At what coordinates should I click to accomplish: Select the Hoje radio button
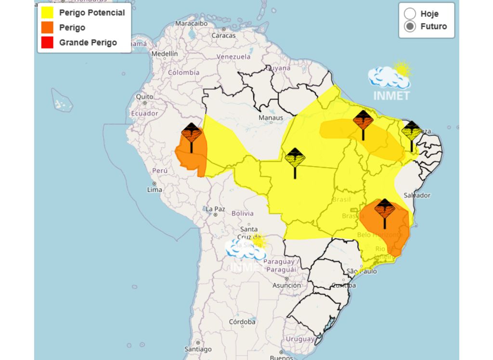tap(410, 13)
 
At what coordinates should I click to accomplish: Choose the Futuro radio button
tap(410, 26)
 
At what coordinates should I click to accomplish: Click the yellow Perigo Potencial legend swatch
tap(47, 13)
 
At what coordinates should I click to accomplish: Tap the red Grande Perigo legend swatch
tap(47, 42)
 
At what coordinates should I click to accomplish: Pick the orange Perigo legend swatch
tap(47, 27)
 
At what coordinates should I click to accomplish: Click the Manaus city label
tap(271, 117)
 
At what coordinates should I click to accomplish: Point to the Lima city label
tap(155, 190)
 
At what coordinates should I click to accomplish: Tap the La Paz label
tap(215, 209)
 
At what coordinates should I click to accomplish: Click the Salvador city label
tap(417, 195)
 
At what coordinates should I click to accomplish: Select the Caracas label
tap(223, 35)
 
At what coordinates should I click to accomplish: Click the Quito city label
tap(144, 97)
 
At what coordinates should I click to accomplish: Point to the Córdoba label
tap(242, 321)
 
